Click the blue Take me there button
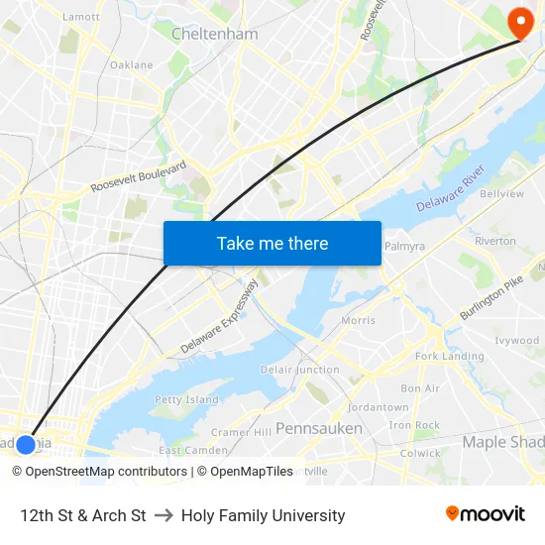pos(272,243)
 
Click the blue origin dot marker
pos(26,444)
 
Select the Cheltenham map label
pos(215,34)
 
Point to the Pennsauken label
pos(319,428)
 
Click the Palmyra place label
pos(404,246)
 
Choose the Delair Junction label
pos(300,370)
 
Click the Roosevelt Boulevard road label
pos(138,176)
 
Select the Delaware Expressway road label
pos(220,316)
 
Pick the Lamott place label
pos(80,17)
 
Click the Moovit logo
pos(486,514)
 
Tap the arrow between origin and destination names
pos(163,515)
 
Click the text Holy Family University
pos(263,515)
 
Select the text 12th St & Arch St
pos(83,515)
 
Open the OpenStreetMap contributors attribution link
pos(100,472)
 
